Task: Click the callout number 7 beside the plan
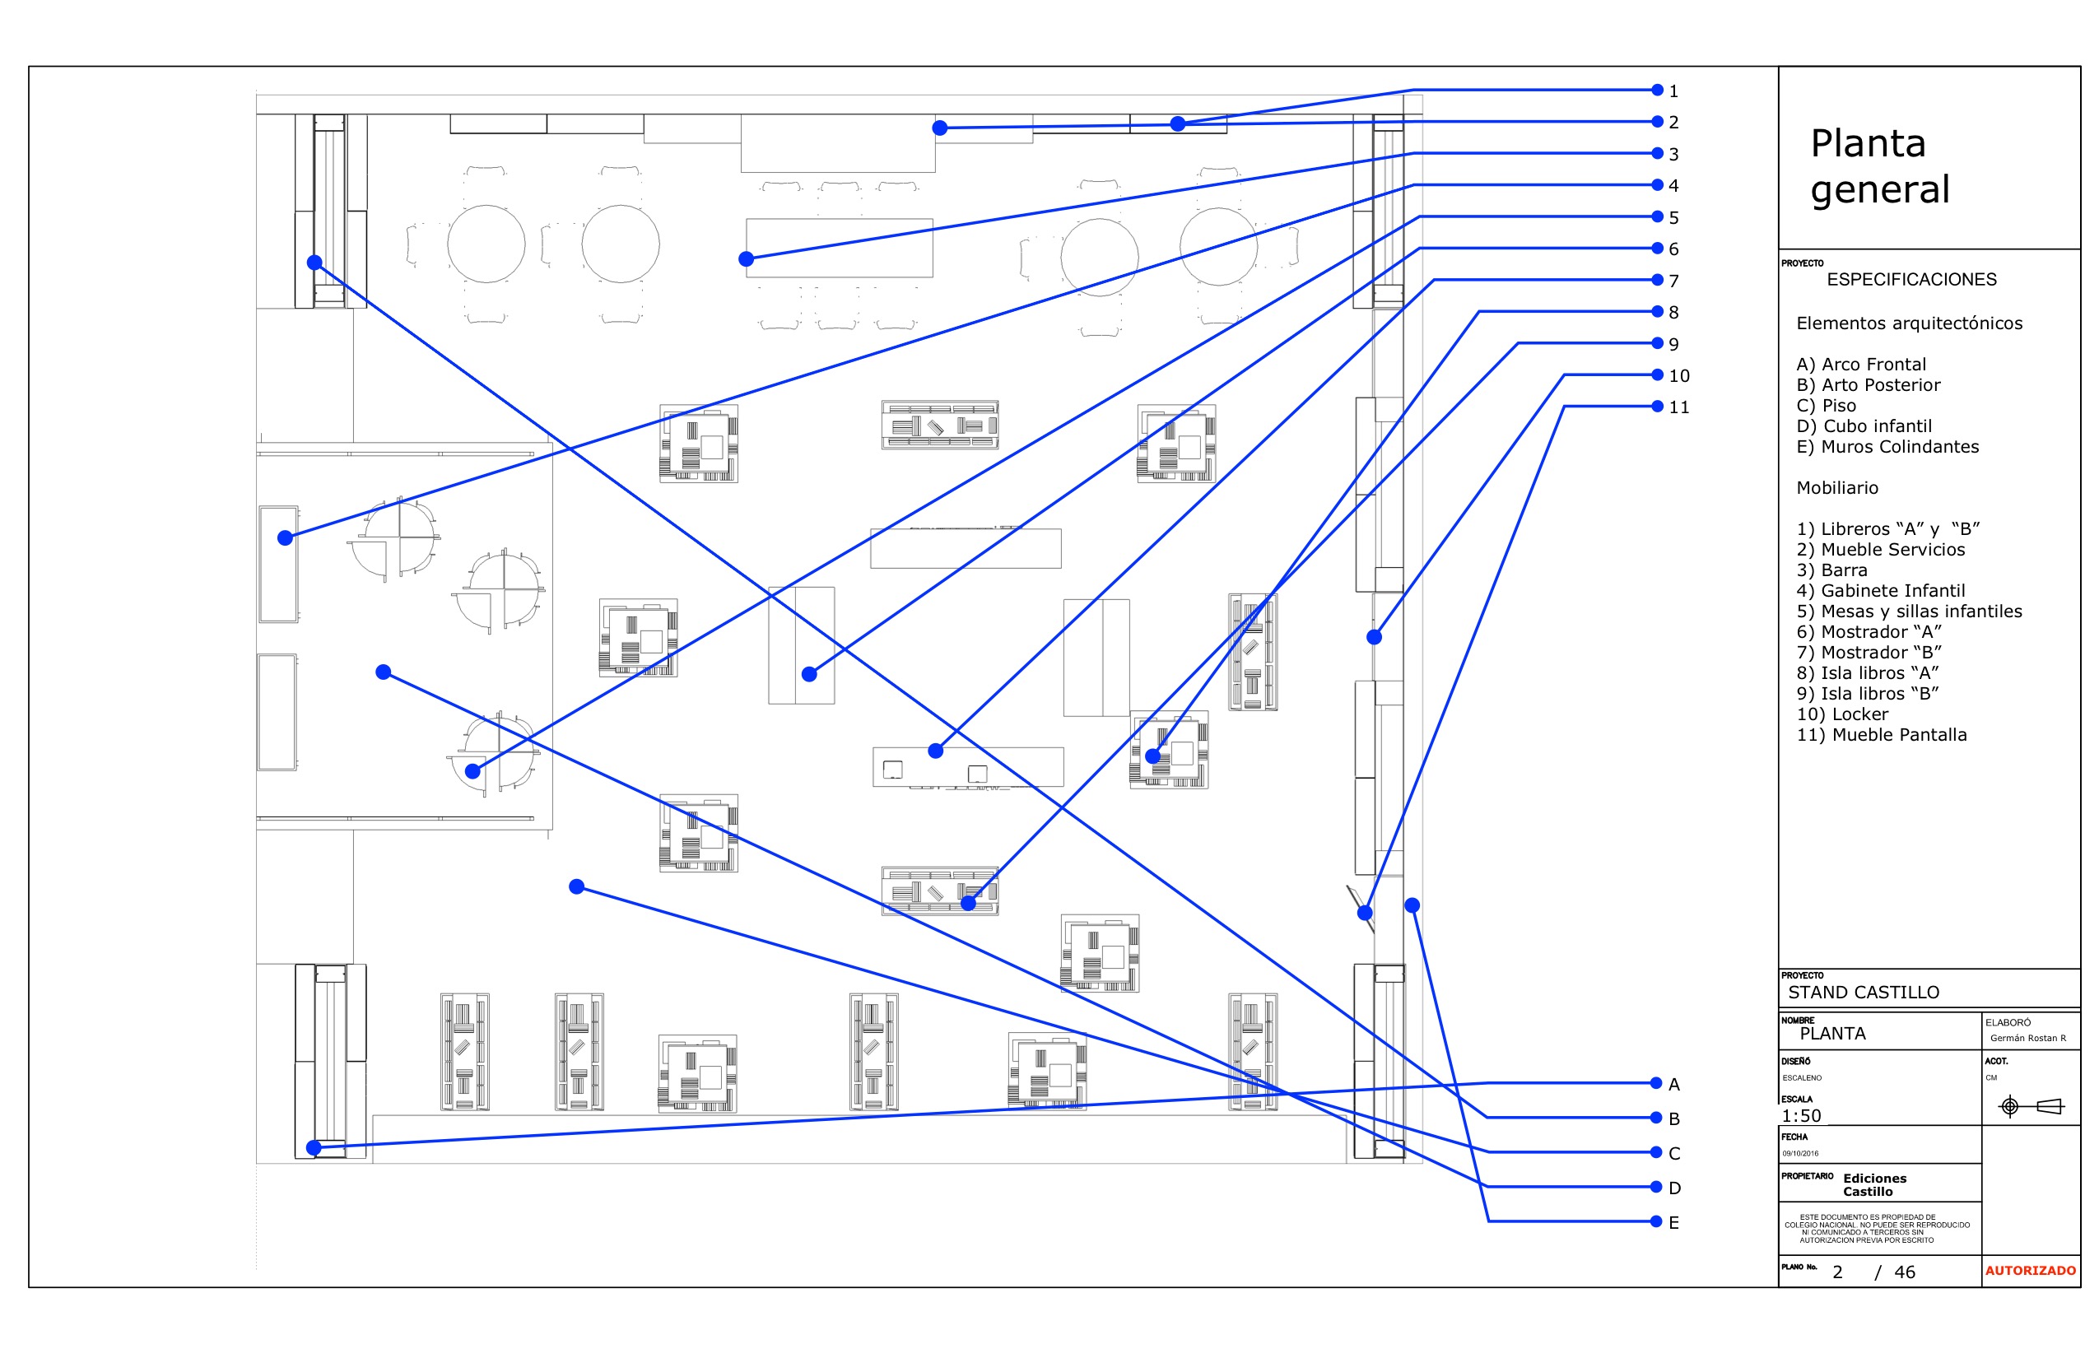click(x=1673, y=281)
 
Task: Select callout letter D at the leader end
click(x=1674, y=1188)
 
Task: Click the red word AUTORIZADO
click(x=2030, y=1271)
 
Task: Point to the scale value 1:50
click(x=1801, y=1115)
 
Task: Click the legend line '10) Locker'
click(x=1841, y=714)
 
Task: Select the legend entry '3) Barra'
click(x=1831, y=570)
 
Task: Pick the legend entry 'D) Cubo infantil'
click(x=1864, y=427)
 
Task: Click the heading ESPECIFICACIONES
click(x=1911, y=280)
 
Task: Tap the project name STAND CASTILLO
click(x=1863, y=992)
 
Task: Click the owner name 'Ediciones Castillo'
click(x=1874, y=1184)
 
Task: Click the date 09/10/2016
click(x=1800, y=1153)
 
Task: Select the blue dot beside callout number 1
click(x=1657, y=90)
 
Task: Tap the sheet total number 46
click(x=1904, y=1272)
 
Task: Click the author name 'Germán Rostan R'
click(x=2027, y=1038)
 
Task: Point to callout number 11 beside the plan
click(x=1678, y=407)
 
